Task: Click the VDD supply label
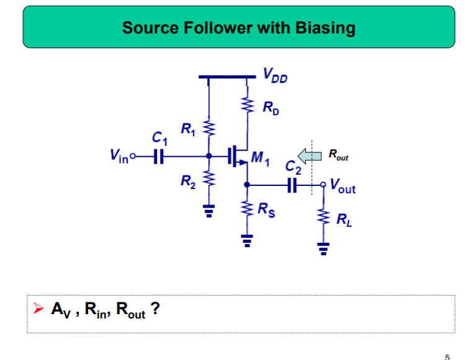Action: click(x=274, y=76)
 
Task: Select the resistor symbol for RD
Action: click(x=247, y=107)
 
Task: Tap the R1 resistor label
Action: click(x=188, y=130)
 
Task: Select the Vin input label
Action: click(x=119, y=157)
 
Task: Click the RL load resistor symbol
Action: click(x=322, y=217)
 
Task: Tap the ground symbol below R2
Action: click(x=208, y=211)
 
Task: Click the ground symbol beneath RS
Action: click(x=247, y=240)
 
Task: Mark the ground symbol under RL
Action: click(x=322, y=248)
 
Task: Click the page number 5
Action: click(x=448, y=356)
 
